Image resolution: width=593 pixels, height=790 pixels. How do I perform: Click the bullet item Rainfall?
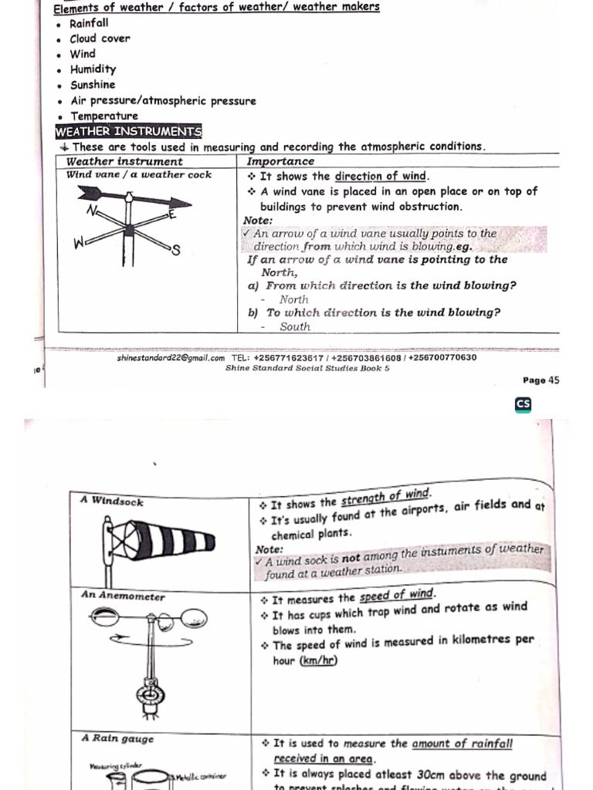click(x=89, y=23)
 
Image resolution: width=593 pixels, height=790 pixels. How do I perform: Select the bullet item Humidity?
click(x=93, y=69)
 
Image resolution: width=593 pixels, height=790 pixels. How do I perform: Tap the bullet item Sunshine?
click(x=93, y=85)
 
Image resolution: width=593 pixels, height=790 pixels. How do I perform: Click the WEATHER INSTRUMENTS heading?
click(x=128, y=131)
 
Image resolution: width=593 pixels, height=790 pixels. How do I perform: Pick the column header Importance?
click(x=280, y=161)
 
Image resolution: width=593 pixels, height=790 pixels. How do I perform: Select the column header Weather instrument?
click(x=124, y=161)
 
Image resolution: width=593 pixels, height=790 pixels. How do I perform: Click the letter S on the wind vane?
click(x=175, y=249)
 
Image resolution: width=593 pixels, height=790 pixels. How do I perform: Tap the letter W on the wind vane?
click(x=78, y=244)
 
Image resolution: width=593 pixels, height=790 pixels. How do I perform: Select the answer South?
click(x=295, y=326)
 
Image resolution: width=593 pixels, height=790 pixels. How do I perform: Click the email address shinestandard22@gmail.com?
click(x=171, y=358)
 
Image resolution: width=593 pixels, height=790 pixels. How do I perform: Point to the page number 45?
click(x=553, y=380)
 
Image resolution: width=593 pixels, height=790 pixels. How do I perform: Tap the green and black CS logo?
click(x=523, y=404)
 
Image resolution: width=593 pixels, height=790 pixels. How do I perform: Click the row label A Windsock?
click(x=112, y=501)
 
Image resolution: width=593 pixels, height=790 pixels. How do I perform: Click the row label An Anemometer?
click(x=123, y=596)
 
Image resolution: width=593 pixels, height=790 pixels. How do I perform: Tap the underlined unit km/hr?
click(x=318, y=660)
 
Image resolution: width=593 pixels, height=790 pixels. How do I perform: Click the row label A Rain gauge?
click(x=117, y=738)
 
